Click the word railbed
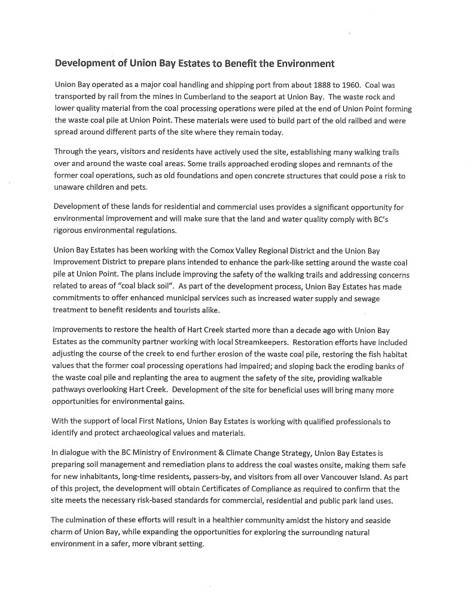click(326, 120)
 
